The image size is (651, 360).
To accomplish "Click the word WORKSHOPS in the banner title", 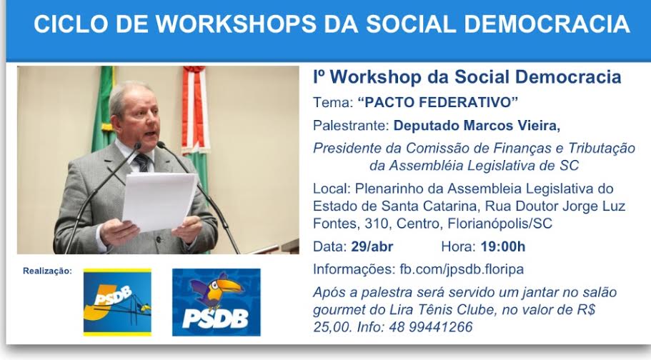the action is (x=237, y=24).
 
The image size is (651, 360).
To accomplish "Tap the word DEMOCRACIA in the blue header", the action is (x=547, y=24).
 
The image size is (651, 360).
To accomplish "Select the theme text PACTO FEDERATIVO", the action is (x=438, y=102).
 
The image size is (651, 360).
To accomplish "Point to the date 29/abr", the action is (x=372, y=246).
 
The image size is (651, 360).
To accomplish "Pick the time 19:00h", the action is (x=503, y=246).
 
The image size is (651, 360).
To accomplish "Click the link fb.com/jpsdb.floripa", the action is (x=462, y=269).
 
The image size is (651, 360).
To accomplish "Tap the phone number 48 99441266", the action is (x=430, y=327).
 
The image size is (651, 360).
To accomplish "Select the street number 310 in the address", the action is (x=377, y=224).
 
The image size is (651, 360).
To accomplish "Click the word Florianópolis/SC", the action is (x=500, y=224).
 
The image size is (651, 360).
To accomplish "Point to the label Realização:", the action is (x=47, y=271).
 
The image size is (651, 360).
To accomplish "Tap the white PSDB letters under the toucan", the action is (x=216, y=319).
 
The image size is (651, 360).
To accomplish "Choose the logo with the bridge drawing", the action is (x=117, y=302).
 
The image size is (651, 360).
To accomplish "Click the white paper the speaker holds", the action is (x=159, y=202).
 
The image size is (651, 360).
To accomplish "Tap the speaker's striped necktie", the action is (x=142, y=162).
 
